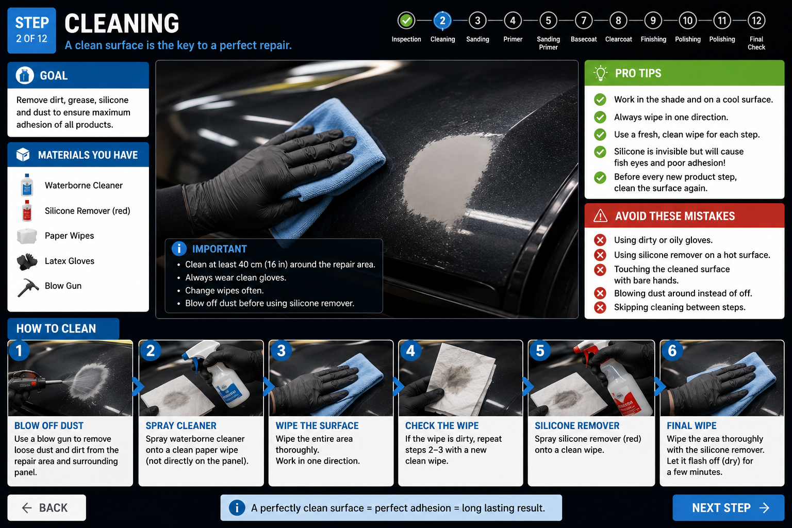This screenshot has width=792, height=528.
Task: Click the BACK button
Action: tap(47, 507)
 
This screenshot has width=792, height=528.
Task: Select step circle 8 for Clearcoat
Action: tap(618, 21)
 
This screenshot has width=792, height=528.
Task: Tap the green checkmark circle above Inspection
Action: tap(406, 21)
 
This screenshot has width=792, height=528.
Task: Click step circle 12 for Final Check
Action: tap(756, 21)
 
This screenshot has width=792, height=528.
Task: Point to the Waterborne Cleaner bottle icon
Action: tap(27, 185)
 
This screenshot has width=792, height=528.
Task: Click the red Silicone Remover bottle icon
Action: tap(27, 210)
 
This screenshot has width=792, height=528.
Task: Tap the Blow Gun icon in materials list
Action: tap(27, 287)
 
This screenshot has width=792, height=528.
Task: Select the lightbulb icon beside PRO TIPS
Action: tap(600, 73)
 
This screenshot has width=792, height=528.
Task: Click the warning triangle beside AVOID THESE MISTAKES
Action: tap(600, 216)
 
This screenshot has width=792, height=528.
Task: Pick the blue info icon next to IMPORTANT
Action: tap(179, 249)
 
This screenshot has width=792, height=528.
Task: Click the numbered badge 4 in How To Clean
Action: tap(410, 351)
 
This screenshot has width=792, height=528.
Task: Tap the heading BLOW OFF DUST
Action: tap(49, 425)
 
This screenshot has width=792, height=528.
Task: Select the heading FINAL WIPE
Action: tap(691, 425)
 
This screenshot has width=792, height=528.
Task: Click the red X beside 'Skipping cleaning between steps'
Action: tap(600, 307)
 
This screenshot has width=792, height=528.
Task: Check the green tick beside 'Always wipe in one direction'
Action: tap(600, 117)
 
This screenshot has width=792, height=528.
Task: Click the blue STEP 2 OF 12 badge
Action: tap(32, 30)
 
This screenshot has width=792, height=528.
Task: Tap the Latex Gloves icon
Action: tap(27, 261)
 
